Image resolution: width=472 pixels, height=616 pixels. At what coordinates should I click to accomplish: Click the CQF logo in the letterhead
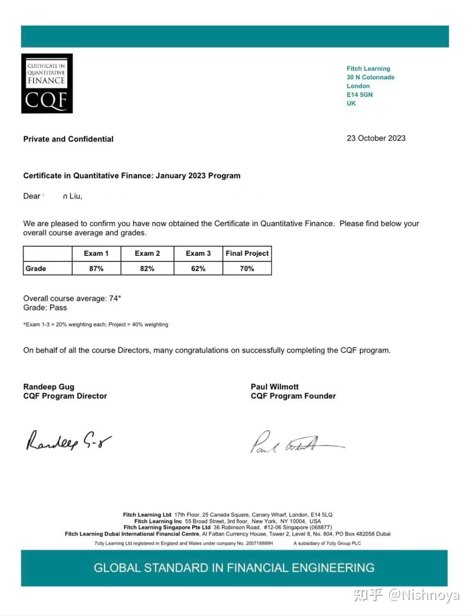click(47, 83)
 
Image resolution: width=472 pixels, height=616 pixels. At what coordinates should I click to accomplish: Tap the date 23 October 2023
click(376, 138)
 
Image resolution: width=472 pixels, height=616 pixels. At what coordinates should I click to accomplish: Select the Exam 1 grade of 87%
click(96, 268)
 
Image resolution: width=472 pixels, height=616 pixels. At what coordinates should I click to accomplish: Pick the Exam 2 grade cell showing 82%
click(147, 268)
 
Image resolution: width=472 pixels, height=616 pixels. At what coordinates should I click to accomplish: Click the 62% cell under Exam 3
click(198, 268)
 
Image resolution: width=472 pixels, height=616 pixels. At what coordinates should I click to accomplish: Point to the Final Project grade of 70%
click(247, 268)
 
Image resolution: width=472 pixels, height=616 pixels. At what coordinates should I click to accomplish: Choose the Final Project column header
click(247, 253)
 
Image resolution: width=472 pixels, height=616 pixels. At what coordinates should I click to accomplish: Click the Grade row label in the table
click(36, 268)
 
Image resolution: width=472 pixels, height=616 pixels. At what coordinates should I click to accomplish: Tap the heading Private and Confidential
click(68, 139)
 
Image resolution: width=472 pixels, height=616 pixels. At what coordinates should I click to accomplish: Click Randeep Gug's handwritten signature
click(68, 441)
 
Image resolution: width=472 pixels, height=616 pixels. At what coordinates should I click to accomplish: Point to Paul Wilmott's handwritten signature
click(296, 443)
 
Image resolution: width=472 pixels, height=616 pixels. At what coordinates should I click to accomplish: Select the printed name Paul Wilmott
click(275, 386)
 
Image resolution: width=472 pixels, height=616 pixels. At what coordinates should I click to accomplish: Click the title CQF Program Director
click(65, 396)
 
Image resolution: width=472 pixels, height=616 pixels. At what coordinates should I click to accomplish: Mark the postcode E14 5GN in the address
click(360, 94)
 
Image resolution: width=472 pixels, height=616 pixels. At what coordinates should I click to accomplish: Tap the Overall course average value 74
click(114, 298)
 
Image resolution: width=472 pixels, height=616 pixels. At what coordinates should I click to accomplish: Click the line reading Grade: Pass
click(45, 308)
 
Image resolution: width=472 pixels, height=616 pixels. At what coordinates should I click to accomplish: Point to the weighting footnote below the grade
click(96, 324)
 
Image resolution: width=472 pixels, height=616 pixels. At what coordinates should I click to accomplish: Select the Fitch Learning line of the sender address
click(368, 69)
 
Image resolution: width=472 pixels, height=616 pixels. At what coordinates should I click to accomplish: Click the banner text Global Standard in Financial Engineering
click(234, 568)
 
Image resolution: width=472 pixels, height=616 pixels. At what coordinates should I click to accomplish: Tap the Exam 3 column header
click(198, 253)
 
